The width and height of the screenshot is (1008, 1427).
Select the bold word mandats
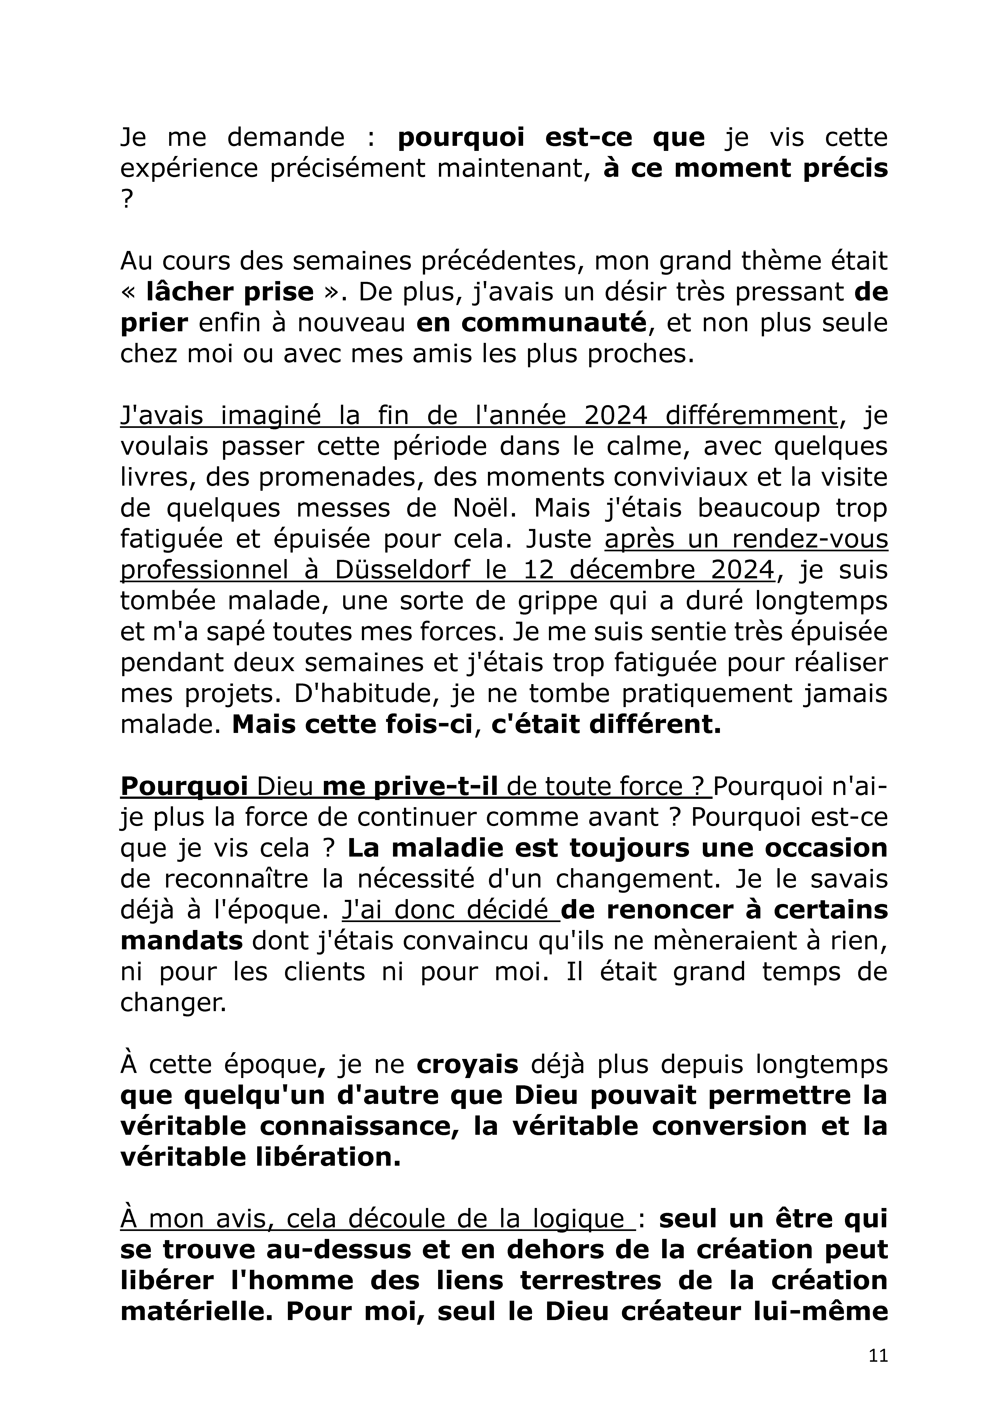coord(182,942)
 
